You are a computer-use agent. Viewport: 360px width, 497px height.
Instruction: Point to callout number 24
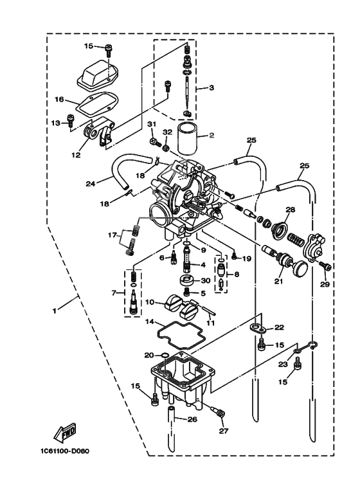click(91, 183)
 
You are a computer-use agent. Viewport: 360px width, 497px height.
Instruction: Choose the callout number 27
click(223, 431)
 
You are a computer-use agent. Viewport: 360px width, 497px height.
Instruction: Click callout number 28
click(290, 210)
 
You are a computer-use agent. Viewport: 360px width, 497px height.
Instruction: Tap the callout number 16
click(59, 100)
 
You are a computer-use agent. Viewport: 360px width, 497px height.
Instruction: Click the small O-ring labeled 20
click(163, 355)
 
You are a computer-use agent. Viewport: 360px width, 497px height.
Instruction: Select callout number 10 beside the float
click(148, 302)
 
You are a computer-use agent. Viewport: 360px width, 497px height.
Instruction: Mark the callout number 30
click(206, 280)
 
